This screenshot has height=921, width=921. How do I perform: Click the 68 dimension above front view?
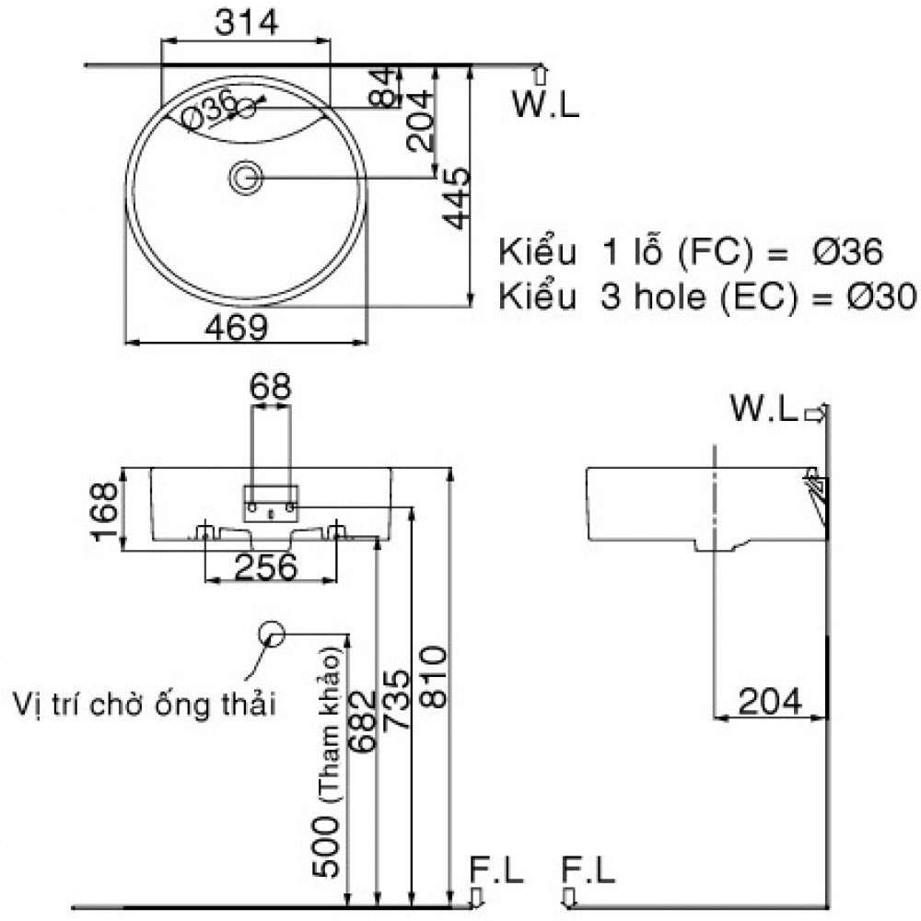click(271, 388)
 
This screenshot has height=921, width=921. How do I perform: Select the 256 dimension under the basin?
click(266, 567)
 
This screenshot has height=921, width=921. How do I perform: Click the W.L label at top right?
click(546, 106)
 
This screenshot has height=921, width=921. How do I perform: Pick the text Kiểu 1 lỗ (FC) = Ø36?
click(691, 251)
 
